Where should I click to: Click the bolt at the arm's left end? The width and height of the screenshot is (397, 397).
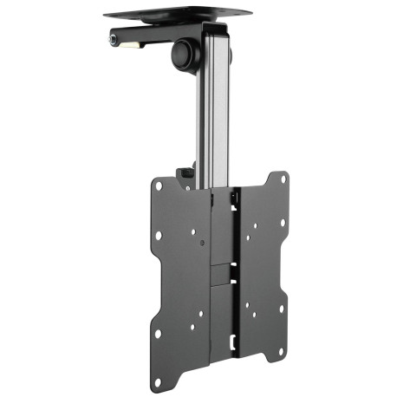114,40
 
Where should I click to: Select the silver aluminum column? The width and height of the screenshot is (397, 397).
215,104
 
